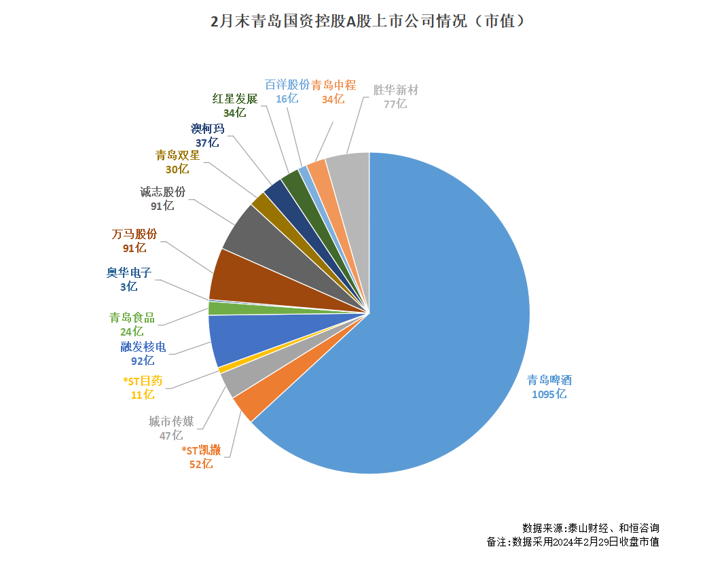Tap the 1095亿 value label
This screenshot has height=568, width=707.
pyautogui.click(x=549, y=395)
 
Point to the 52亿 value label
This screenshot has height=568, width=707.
pyautogui.click(x=200, y=465)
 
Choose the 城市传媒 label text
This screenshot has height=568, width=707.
pyautogui.click(x=171, y=422)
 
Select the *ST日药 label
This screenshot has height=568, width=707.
pyautogui.click(x=142, y=380)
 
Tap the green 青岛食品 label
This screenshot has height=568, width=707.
pyautogui.click(x=132, y=317)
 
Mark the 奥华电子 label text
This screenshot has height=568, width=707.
pyautogui.click(x=128, y=273)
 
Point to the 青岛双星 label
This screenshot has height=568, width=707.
pyautogui.click(x=177, y=155)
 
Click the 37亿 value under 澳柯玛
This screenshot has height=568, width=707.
pyautogui.click(x=207, y=143)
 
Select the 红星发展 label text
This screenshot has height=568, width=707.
pyautogui.click(x=235, y=99)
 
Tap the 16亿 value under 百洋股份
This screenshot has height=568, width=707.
pyautogui.click(x=287, y=99)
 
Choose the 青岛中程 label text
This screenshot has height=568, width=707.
pyautogui.click(x=333, y=85)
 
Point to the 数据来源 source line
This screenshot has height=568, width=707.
pyautogui.click(x=590, y=528)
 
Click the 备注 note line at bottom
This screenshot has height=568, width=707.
pyautogui.click(x=573, y=542)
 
